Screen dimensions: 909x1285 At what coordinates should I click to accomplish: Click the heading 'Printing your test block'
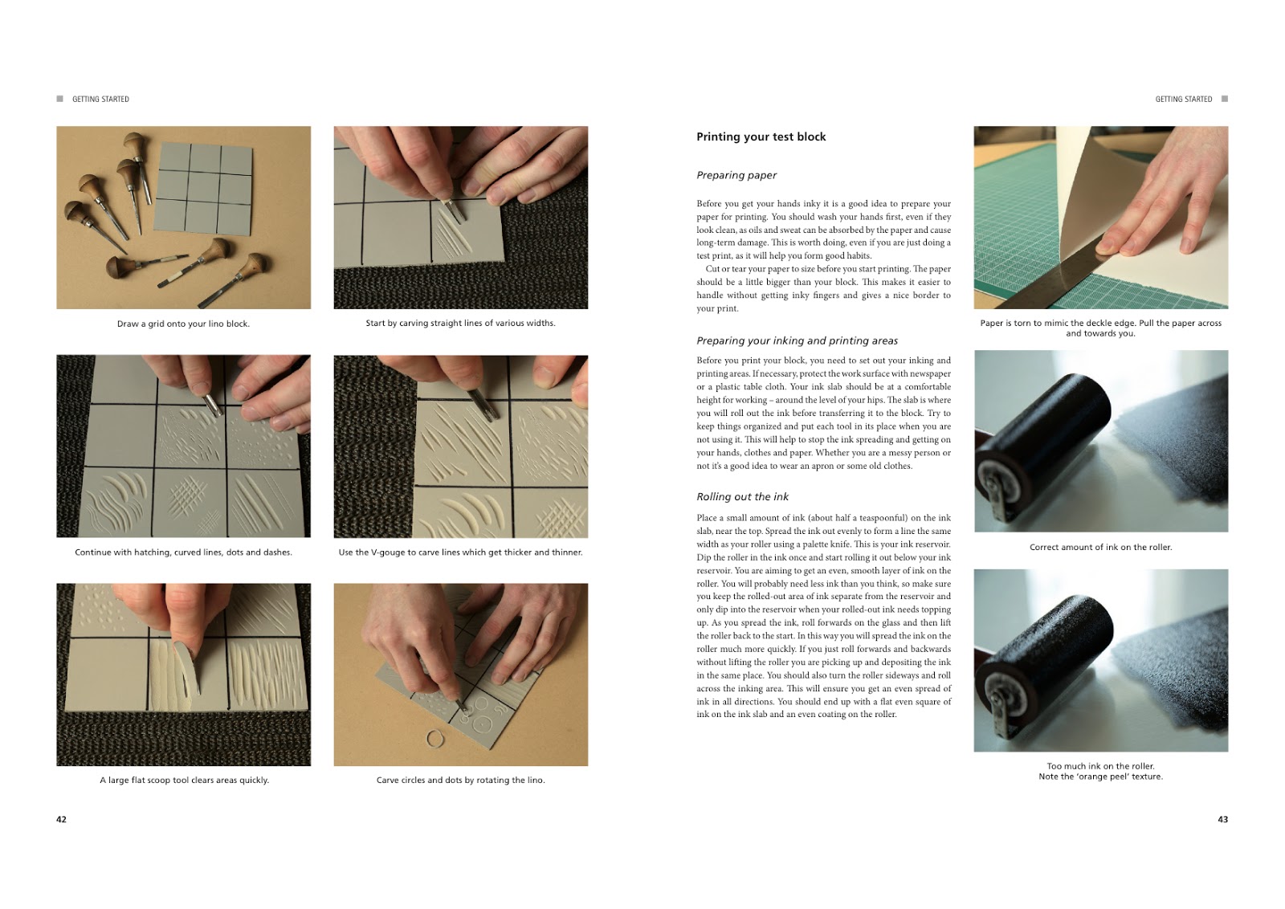pyautogui.click(x=761, y=137)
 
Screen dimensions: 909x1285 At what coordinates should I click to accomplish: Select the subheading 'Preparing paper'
pyautogui.click(x=736, y=175)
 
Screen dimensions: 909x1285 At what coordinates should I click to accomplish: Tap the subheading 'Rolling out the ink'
pyautogui.click(x=742, y=497)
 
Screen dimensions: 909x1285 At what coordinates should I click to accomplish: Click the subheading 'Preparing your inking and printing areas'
pyautogui.click(x=797, y=340)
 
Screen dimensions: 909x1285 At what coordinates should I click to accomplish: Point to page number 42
pyautogui.click(x=61, y=819)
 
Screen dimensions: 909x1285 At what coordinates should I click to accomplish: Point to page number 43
pyautogui.click(x=1222, y=819)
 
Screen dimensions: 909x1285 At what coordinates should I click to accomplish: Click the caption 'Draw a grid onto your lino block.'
pyautogui.click(x=183, y=324)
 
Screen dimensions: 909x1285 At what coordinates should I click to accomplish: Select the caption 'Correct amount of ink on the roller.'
pyautogui.click(x=1100, y=547)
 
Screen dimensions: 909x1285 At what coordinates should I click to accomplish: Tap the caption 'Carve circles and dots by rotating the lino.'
pyautogui.click(x=460, y=780)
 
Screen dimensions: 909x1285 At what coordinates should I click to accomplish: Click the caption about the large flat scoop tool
pyautogui.click(x=184, y=780)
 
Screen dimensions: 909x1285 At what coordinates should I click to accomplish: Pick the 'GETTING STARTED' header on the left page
pyautogui.click(x=100, y=99)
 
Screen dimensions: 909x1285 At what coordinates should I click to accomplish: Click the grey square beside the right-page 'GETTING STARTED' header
pyautogui.click(x=1225, y=99)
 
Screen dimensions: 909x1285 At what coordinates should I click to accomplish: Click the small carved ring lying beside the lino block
pyautogui.click(x=434, y=739)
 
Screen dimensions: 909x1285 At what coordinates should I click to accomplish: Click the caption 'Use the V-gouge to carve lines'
pyautogui.click(x=460, y=552)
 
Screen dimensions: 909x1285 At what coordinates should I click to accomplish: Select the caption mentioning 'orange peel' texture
pyautogui.click(x=1100, y=777)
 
